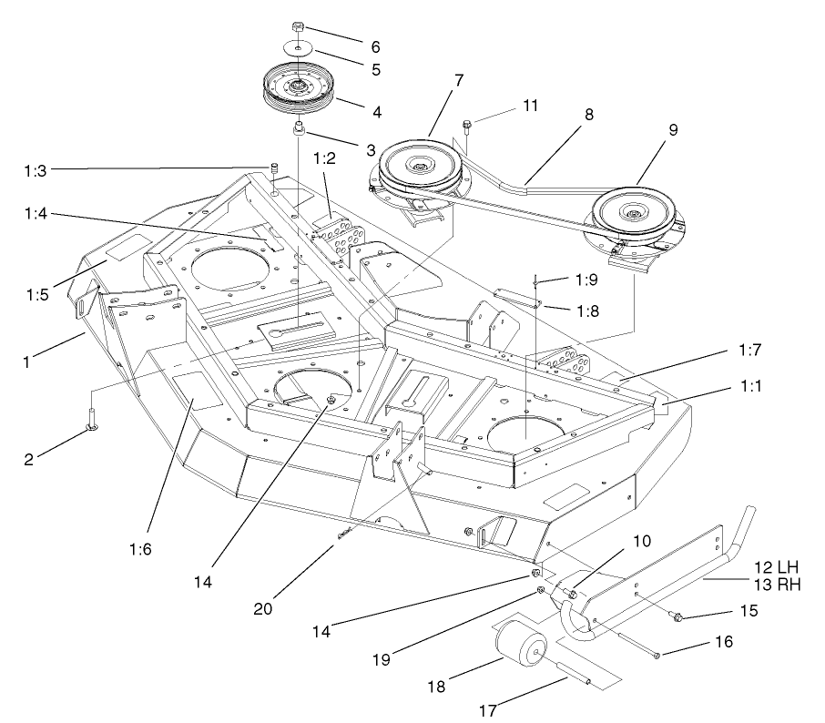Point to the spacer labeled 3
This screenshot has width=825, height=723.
point(299,131)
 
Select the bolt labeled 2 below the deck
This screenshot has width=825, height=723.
point(91,418)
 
